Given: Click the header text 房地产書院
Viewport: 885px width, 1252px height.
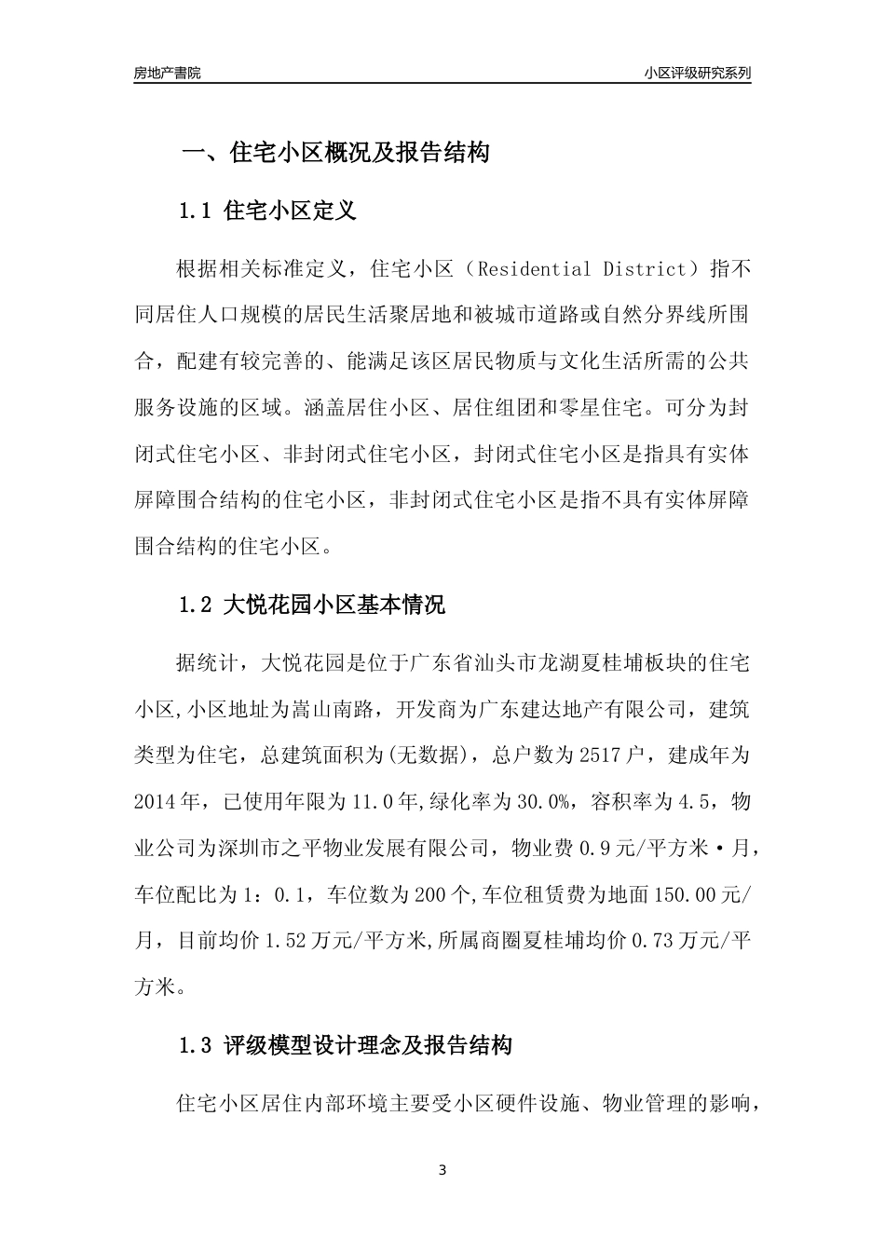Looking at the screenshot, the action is tap(167, 74).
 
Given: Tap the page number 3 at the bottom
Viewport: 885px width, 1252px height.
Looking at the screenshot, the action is tap(442, 1170).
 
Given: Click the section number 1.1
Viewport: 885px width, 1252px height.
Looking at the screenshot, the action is tap(197, 211).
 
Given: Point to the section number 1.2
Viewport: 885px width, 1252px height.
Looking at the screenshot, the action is tap(197, 606).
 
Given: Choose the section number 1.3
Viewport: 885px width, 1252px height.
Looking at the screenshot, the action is tap(197, 1046).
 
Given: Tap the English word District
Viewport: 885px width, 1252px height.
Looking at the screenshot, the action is tap(644, 270).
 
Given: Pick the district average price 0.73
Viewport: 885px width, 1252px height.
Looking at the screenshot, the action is tap(651, 941).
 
